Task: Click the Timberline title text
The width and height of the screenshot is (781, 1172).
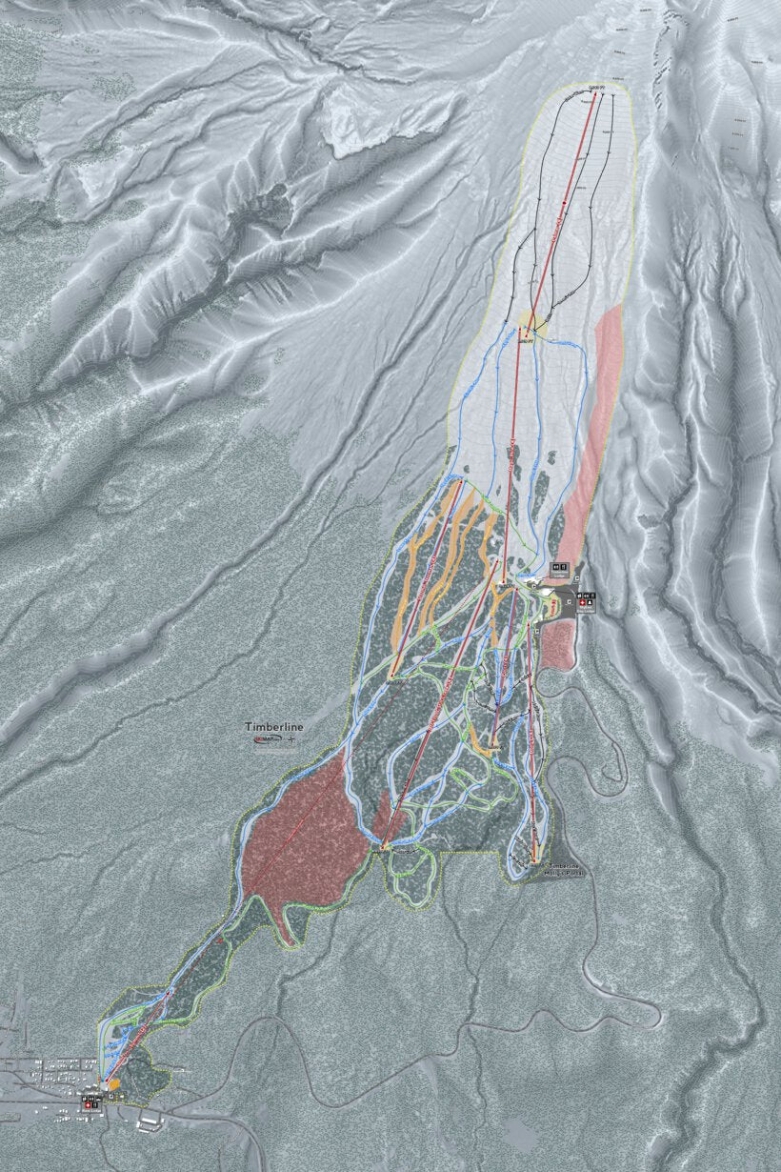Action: click(x=273, y=727)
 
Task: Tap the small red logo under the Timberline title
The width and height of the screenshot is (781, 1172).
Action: click(x=259, y=739)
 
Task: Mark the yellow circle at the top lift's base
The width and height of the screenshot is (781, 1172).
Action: click(x=528, y=321)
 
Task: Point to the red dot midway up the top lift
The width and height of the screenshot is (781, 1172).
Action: click(x=565, y=202)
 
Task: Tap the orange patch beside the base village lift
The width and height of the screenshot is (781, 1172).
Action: click(x=114, y=1083)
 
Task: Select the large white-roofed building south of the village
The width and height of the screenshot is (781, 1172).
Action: click(x=150, y=1123)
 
